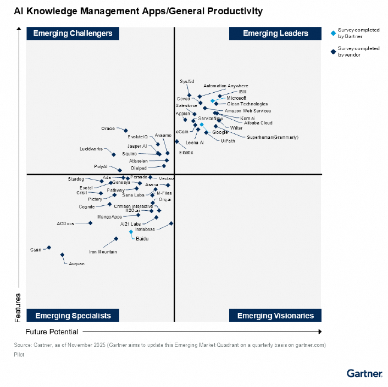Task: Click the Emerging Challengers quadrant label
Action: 73,33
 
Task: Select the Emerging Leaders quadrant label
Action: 275,33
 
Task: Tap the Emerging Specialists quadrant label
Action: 73,316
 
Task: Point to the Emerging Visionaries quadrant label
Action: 275,316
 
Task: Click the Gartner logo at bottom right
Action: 364,373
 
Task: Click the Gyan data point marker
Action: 49,248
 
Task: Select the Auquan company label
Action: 76,264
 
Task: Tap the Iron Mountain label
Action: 103,252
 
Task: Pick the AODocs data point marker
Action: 91,223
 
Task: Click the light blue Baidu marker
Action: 131,232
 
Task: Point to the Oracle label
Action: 108,128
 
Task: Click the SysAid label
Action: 187,81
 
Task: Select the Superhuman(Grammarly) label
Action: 273,137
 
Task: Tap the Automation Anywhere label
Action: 225,86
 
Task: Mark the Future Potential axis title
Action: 52,332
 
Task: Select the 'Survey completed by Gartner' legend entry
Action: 358,34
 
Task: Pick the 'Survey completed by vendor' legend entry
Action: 358,52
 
